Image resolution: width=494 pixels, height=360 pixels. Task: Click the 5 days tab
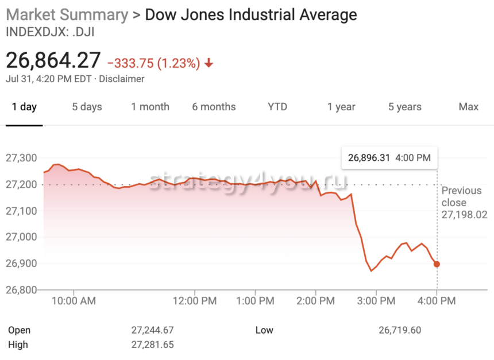pyautogui.click(x=87, y=107)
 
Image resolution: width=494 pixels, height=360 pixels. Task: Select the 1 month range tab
pyautogui.click(x=150, y=107)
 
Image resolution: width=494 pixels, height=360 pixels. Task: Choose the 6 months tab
pyautogui.click(x=214, y=107)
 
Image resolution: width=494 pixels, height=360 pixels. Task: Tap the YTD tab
pyautogui.click(x=277, y=107)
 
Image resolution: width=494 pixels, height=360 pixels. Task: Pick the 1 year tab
pyautogui.click(x=341, y=107)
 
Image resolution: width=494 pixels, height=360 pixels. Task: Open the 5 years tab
pyautogui.click(x=405, y=107)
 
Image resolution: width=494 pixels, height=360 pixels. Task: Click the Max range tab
pyautogui.click(x=469, y=107)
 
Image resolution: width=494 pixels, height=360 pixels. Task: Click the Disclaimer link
pyautogui.click(x=122, y=79)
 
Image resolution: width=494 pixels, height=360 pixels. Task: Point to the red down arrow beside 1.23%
pyautogui.click(x=209, y=63)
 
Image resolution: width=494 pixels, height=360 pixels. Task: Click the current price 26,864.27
pyautogui.click(x=53, y=60)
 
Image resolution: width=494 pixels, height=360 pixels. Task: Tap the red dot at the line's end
pyautogui.click(x=437, y=264)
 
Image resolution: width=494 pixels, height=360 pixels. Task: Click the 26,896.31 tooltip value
pyautogui.click(x=369, y=157)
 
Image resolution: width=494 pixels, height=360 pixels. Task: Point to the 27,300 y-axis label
pyautogui.click(x=21, y=158)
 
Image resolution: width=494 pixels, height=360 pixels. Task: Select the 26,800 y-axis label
pyautogui.click(x=21, y=290)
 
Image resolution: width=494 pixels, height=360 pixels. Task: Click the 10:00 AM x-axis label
pyautogui.click(x=77, y=300)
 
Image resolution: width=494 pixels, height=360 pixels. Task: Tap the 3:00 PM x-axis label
pyautogui.click(x=376, y=300)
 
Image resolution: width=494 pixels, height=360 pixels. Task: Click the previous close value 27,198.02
pyautogui.click(x=464, y=215)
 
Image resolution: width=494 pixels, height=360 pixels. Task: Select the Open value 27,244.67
pyautogui.click(x=152, y=330)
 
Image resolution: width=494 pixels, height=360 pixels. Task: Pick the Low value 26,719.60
pyautogui.click(x=400, y=330)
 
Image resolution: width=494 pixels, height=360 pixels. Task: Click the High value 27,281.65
pyautogui.click(x=152, y=344)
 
